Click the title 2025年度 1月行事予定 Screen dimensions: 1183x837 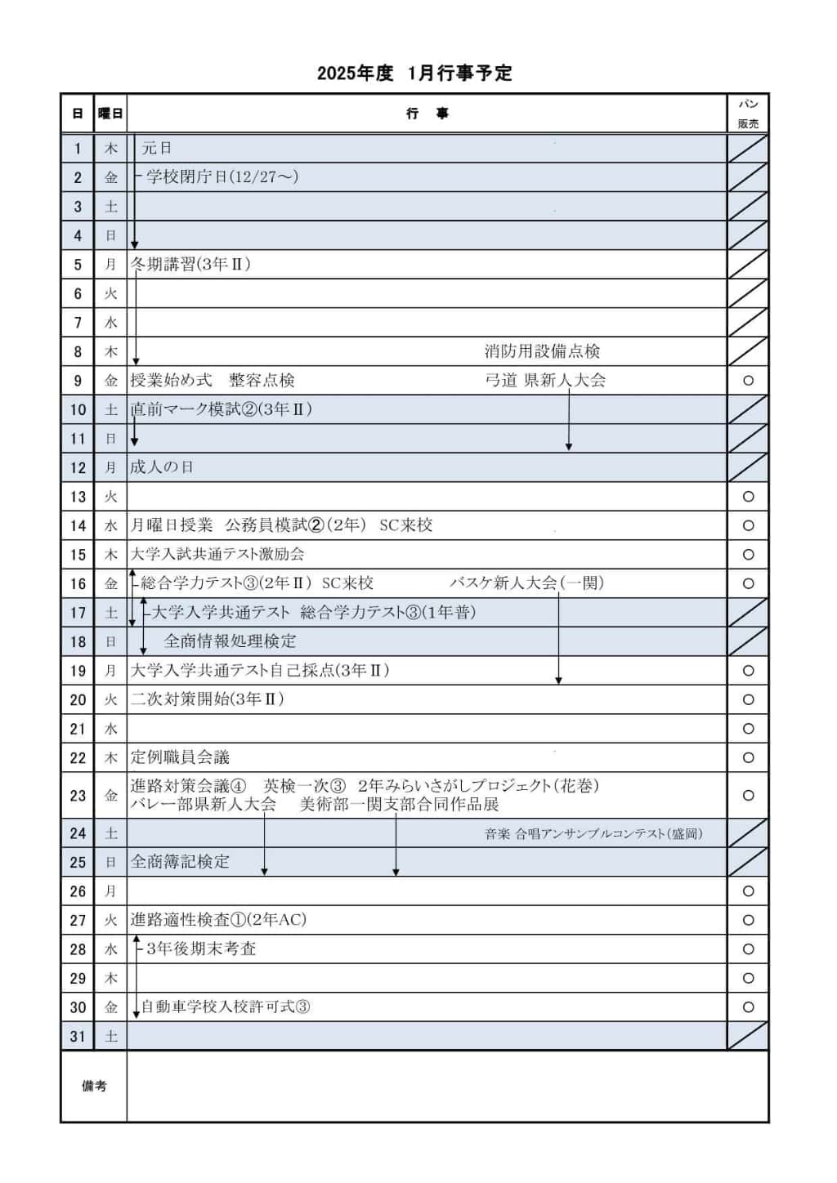pos(414,74)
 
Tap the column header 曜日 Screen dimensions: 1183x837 pos(110,114)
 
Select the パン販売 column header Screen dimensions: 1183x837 pos(748,114)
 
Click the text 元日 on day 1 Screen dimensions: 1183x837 pos(157,149)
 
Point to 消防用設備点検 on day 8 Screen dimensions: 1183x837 pos(542,351)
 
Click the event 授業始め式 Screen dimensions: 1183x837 pos(171,381)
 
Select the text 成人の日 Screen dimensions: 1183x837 pos(162,467)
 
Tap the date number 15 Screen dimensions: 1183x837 pos(78,555)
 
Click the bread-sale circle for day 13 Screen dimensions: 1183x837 pos(748,497)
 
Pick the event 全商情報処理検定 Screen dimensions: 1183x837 pos(230,641)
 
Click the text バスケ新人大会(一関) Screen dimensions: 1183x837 pos(526,583)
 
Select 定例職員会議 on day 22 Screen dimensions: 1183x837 pos(180,757)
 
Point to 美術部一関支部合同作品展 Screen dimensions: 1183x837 pos(399,805)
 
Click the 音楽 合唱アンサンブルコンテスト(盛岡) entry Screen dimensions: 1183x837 pos(593,834)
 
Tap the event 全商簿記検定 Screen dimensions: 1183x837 pos(180,862)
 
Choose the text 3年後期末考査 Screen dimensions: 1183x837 pos(201,949)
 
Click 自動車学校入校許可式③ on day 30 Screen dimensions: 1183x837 pos(226,1007)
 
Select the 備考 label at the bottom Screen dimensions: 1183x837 pos(94,1087)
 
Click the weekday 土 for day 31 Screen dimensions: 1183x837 pos(110,1037)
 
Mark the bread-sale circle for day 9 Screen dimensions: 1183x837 pos(748,381)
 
